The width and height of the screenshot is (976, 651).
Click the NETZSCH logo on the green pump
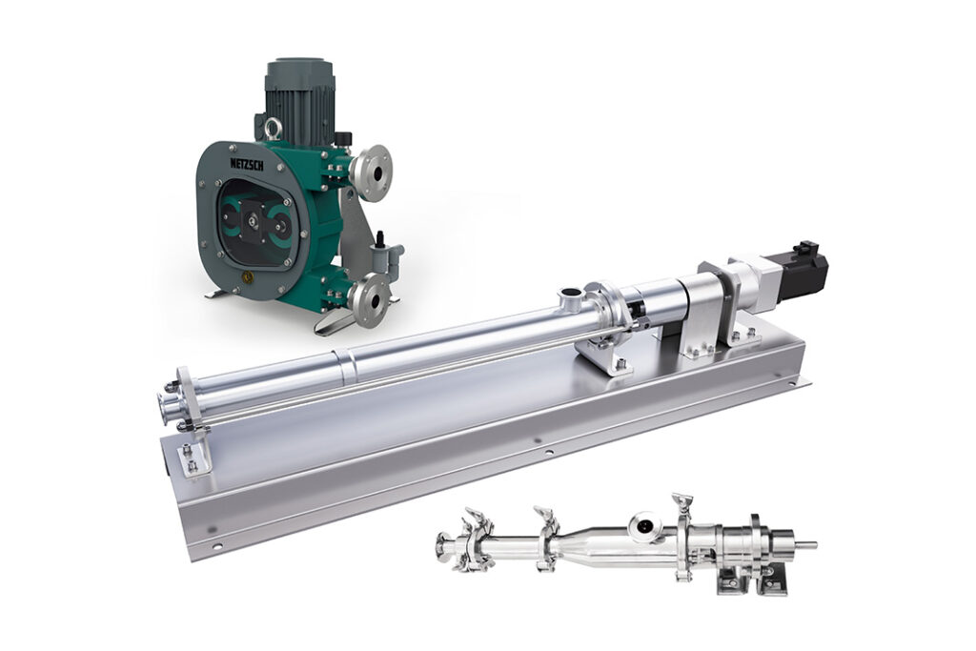pos(247,164)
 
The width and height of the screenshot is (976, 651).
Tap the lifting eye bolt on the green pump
pos(273,128)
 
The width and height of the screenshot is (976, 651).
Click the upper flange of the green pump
pos(371,173)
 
